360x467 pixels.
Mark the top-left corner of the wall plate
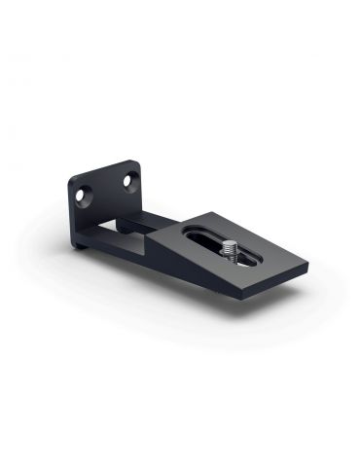tap(72, 180)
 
